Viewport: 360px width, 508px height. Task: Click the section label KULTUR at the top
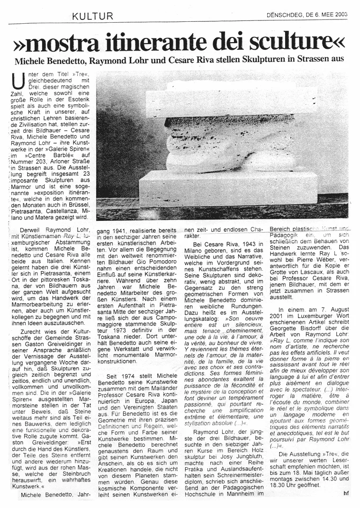pos(92,17)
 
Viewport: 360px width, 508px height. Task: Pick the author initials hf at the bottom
pos(346,493)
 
